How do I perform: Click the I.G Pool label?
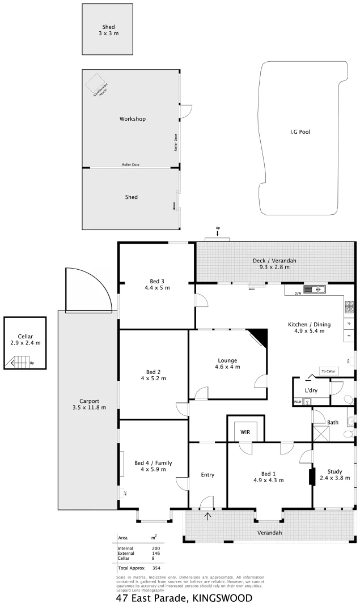[x=300, y=131]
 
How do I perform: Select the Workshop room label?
[x=132, y=119]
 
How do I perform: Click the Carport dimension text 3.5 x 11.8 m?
[x=89, y=407]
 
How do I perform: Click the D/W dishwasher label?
[x=298, y=294]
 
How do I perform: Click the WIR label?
[x=245, y=432]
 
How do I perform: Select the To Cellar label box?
[x=328, y=371]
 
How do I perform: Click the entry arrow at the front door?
[x=207, y=516]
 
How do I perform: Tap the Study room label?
[x=334, y=471]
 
